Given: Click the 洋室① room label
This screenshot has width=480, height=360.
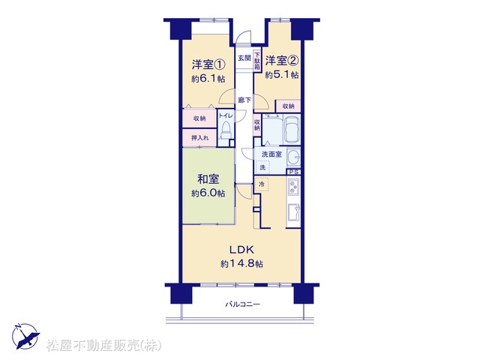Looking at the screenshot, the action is pyautogui.click(x=208, y=64).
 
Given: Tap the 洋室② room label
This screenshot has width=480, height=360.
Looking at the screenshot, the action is pyautogui.click(x=282, y=61).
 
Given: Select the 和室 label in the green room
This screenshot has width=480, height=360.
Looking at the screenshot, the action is pyautogui.click(x=208, y=179).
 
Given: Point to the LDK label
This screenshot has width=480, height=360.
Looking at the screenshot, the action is pyautogui.click(x=241, y=250).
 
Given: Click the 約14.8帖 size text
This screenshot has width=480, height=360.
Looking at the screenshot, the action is pyautogui.click(x=241, y=263).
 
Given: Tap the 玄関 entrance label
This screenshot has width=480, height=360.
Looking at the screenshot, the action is pyautogui.click(x=244, y=58).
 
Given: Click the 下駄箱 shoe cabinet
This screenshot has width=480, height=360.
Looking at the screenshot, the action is pyautogui.click(x=257, y=61).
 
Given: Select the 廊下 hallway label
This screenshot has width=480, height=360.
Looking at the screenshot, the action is pyautogui.click(x=244, y=100).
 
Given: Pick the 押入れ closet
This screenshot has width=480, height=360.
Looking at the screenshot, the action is pyautogui.click(x=199, y=138).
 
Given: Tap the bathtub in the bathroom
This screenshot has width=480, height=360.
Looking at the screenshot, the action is pyautogui.click(x=292, y=130).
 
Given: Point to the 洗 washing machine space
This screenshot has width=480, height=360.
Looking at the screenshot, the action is pyautogui.click(x=262, y=167).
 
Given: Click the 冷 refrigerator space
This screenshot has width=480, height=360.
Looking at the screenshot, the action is pyautogui.click(x=262, y=184).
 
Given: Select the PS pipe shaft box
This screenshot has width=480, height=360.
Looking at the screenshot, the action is pyautogui.click(x=294, y=172).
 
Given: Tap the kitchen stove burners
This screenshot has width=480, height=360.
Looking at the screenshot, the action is pyautogui.click(x=293, y=187).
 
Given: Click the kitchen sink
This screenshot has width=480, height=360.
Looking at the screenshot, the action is pyautogui.click(x=293, y=213).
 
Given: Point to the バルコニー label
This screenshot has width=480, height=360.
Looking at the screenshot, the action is pyautogui.click(x=243, y=304).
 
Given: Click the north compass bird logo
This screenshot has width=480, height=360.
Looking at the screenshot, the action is pyautogui.click(x=25, y=336).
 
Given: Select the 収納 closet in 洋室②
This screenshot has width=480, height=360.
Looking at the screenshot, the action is pyautogui.click(x=288, y=106).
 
